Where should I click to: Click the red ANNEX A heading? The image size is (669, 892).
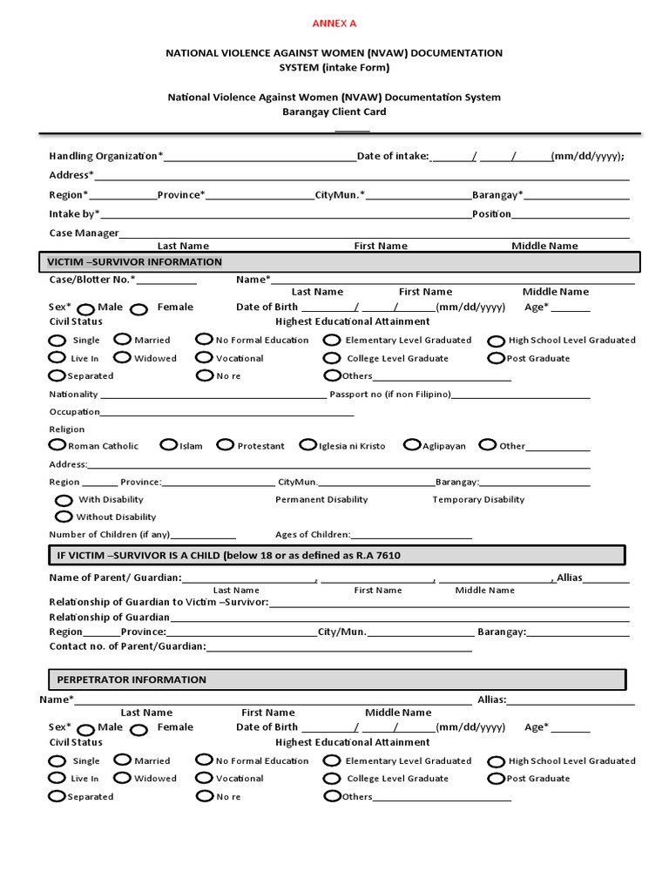(334, 23)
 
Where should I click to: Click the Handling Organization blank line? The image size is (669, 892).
(260, 158)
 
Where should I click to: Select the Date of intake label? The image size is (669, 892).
(394, 156)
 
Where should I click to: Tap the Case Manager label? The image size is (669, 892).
(84, 233)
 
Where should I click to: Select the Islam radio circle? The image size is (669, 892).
(168, 445)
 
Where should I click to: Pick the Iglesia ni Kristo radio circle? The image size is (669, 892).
(307, 445)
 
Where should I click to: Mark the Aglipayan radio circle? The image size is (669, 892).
(412, 445)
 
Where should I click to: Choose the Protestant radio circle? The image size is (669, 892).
(225, 445)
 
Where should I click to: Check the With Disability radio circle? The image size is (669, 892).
(64, 500)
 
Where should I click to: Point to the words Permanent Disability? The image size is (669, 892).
(321, 499)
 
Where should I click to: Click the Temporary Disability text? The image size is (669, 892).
(478, 499)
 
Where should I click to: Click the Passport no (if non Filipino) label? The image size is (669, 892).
(389, 394)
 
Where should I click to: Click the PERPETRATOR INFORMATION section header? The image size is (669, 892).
(132, 679)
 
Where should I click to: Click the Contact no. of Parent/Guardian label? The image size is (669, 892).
(128, 646)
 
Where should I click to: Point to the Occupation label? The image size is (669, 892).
(75, 411)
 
